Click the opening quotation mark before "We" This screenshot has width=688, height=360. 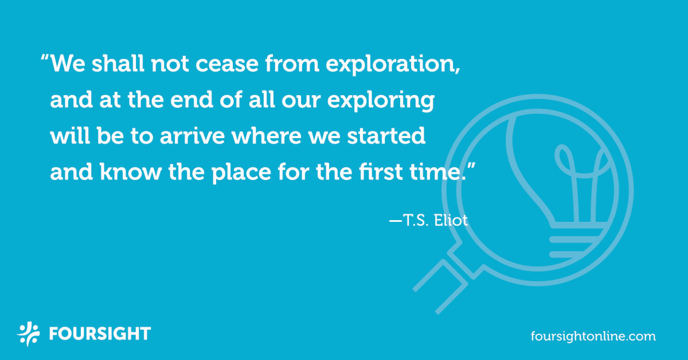pyautogui.click(x=44, y=60)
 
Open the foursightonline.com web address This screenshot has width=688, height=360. pyautogui.click(x=593, y=335)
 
